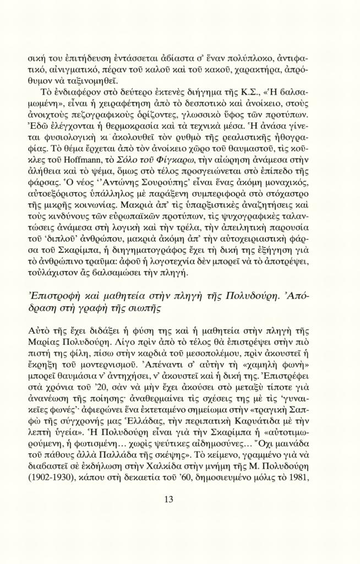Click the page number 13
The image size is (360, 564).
pyautogui.click(x=169, y=499)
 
